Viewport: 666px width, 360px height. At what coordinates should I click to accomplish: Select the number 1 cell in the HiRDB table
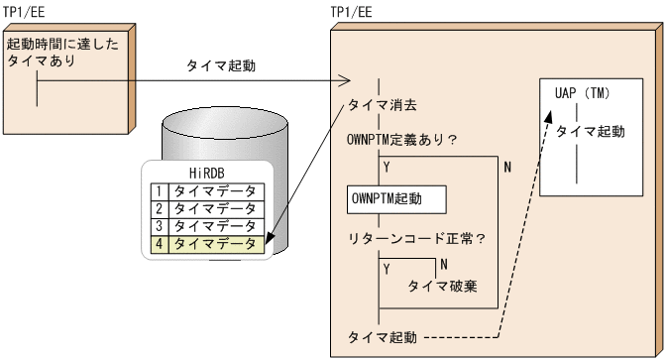pos(158,187)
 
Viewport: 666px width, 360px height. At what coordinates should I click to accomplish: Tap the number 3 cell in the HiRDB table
pos(158,223)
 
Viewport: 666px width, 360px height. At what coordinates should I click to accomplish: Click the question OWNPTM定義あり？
pos(401,139)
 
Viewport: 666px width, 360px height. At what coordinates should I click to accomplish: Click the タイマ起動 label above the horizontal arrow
pos(221,66)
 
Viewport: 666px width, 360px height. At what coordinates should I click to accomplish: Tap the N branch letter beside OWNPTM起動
pos(507,167)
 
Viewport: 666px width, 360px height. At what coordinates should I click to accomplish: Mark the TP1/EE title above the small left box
pos(25,9)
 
